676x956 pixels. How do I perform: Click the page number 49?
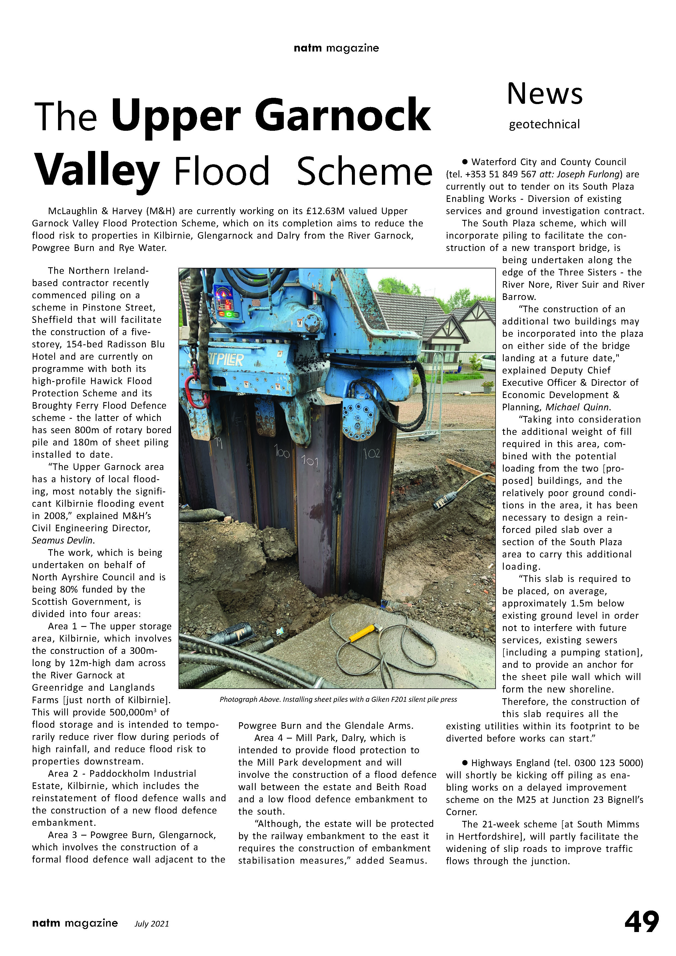641,922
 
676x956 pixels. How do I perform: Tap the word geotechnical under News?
544,124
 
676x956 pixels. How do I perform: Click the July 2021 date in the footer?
152,924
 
